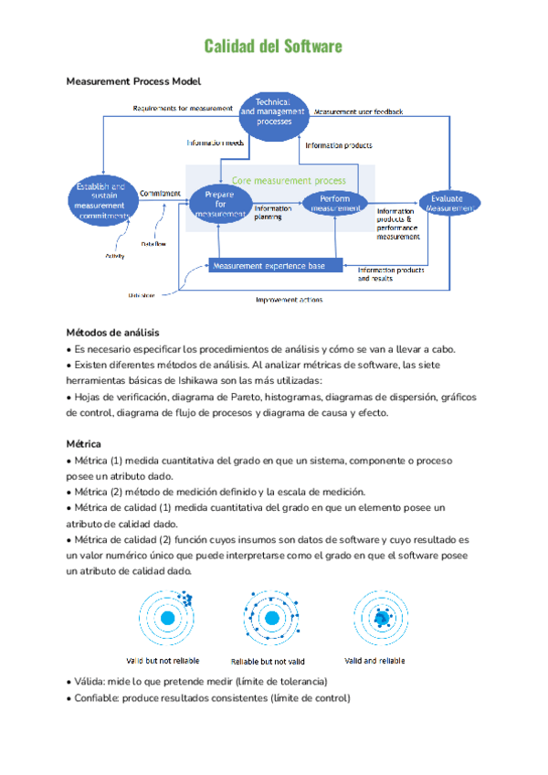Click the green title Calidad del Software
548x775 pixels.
273,46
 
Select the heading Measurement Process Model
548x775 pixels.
127,81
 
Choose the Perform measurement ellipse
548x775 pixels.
334,203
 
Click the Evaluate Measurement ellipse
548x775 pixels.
448,203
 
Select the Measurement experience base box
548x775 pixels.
276,265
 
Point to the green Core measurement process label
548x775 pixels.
289,181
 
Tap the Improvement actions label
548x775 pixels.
289,299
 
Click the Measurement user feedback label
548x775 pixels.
358,111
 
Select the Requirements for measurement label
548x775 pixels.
183,108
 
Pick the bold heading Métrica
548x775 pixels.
84,444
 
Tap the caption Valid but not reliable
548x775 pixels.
163,660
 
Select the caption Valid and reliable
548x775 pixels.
374,660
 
